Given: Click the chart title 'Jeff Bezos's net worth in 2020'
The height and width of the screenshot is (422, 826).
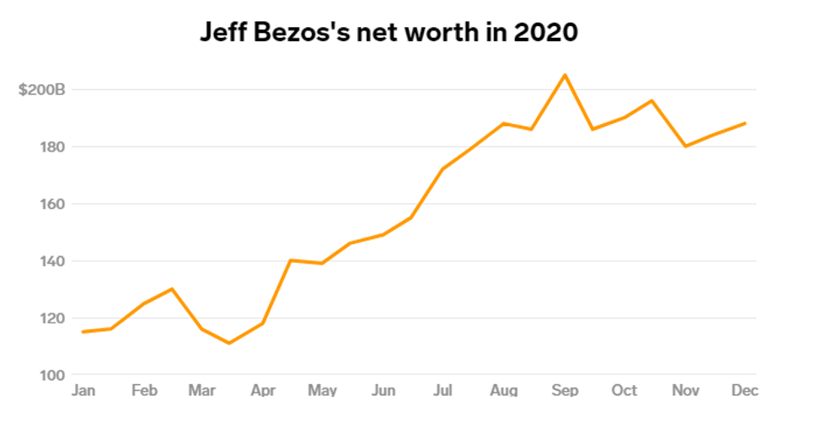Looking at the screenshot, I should tap(389, 32).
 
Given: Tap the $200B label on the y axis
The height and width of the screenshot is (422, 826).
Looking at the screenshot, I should tap(40, 89).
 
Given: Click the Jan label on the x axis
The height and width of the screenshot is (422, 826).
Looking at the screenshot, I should tap(83, 390).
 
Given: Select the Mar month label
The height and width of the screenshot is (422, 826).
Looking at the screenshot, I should tap(201, 390).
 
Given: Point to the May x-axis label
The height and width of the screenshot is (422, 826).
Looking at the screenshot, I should tap(322, 390).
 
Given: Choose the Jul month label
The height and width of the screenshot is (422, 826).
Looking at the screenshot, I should tap(442, 390).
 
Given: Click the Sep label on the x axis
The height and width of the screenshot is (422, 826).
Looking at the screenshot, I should tap(565, 390).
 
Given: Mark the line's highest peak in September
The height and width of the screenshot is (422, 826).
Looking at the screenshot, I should tap(565, 75).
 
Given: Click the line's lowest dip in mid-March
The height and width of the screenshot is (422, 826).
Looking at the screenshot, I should tap(228, 343).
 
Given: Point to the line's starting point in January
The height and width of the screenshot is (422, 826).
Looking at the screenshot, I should tap(82, 332).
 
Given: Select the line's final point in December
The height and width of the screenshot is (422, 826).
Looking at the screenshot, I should tap(745, 123).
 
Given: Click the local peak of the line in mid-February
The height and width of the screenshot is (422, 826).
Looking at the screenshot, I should tap(172, 289).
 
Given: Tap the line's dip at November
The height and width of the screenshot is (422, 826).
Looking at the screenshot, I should tap(686, 147).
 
